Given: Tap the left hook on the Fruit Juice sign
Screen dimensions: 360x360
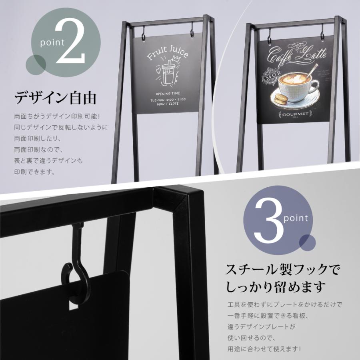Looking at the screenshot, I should tap(144, 31).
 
